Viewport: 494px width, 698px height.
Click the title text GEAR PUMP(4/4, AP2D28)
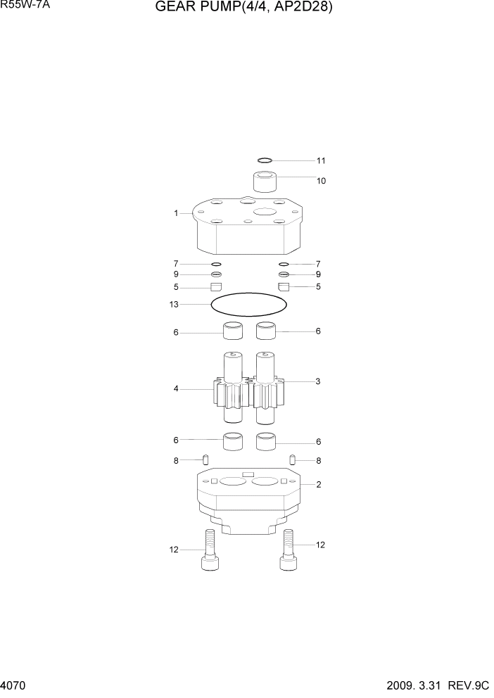(243, 9)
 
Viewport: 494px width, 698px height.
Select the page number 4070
(15, 685)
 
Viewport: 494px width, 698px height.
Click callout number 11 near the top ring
(320, 160)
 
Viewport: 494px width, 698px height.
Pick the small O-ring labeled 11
(265, 160)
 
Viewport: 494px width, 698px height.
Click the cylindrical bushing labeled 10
(264, 182)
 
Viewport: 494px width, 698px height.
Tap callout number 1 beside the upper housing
(176, 213)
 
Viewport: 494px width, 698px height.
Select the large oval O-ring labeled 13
(249, 305)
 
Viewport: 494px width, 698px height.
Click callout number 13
(174, 305)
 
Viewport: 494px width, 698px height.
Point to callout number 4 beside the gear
(176, 388)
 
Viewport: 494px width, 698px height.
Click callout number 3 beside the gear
(317, 381)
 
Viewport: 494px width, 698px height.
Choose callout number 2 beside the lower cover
(318, 484)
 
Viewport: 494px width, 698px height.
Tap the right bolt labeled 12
(287, 550)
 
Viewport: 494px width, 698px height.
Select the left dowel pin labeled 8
(206, 460)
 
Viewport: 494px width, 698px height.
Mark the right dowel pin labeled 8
(291, 460)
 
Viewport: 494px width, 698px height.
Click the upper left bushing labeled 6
(233, 331)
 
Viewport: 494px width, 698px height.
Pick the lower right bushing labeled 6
(266, 442)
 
